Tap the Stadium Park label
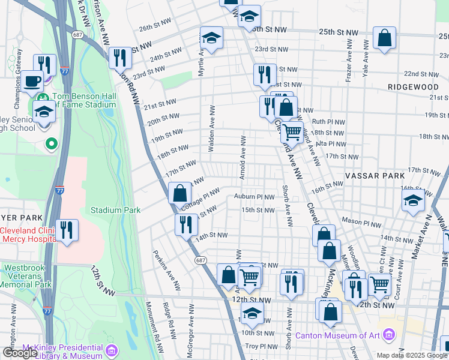point(115,210)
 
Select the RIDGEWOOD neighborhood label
point(413,87)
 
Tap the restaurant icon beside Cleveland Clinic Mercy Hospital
point(67,230)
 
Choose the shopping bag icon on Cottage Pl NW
point(179,193)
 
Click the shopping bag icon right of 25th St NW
point(384,38)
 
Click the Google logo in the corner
point(20,353)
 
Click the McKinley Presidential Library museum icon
point(111,350)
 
